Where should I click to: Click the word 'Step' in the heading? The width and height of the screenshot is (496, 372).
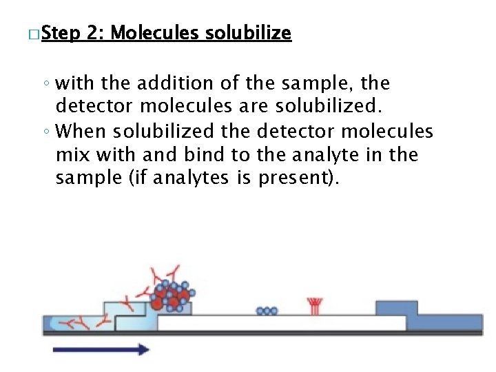[63, 33]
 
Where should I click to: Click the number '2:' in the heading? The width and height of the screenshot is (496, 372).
[96, 33]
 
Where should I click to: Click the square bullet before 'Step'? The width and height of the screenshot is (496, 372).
[34, 34]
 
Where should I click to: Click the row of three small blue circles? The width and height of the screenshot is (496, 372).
[266, 311]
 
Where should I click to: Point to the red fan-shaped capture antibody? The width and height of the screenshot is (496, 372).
[315, 306]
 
